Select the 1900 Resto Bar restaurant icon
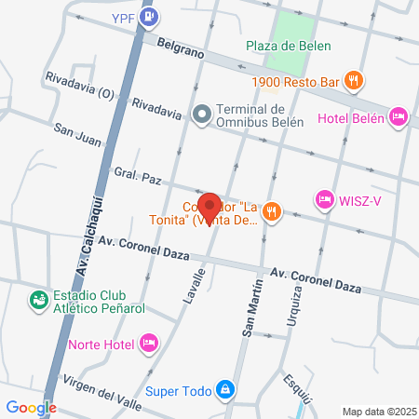[353, 81]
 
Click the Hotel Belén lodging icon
[398, 116]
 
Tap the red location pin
[209, 205]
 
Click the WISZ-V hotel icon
[324, 197]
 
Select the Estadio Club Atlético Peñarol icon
[38, 300]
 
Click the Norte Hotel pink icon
[147, 344]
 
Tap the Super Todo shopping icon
[223, 388]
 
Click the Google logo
[31, 407]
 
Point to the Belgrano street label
[180, 47]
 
